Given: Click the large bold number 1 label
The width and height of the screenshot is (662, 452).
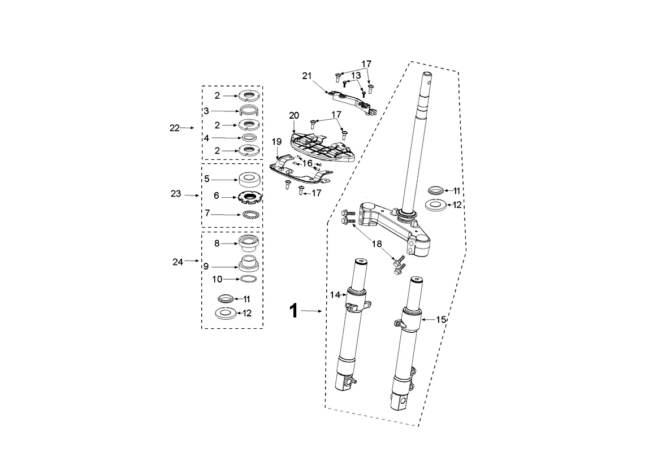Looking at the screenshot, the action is click(293, 311).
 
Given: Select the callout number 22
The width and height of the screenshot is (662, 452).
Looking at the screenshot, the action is click(174, 128).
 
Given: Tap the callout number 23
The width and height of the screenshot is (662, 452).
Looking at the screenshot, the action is click(176, 194).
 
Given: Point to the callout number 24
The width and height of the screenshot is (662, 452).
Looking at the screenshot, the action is click(178, 262).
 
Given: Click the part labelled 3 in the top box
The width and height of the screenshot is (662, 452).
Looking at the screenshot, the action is click(249, 111).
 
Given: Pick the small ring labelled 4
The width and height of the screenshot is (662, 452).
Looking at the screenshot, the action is click(249, 138).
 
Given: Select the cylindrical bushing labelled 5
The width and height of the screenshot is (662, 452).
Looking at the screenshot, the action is click(249, 179).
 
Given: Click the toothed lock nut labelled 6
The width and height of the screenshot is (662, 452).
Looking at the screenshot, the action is click(250, 197).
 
